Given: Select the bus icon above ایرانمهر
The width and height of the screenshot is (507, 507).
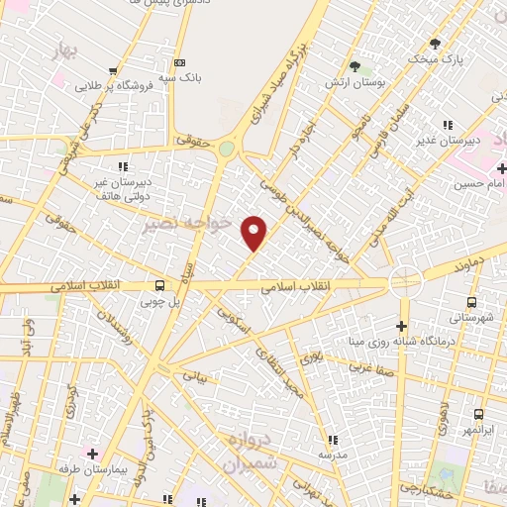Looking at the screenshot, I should click(478, 415).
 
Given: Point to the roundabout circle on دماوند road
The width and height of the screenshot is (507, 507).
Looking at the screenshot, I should click(405, 282).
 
